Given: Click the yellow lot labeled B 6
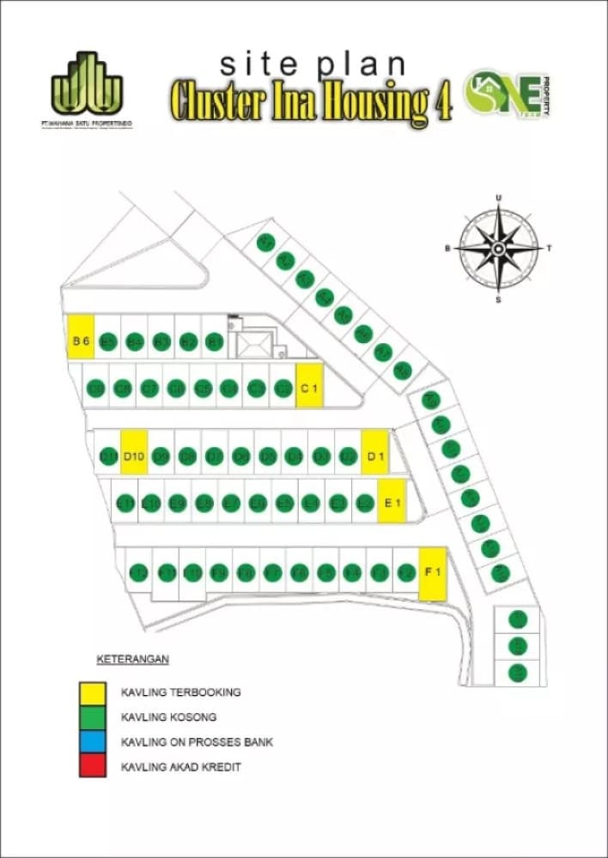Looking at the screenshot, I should [x=81, y=341].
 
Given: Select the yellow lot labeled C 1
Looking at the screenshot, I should [x=308, y=388].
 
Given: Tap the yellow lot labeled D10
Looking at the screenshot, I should [x=133, y=456].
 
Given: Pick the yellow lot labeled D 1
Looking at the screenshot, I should [x=375, y=456].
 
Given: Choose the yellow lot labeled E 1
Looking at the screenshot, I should [x=393, y=503].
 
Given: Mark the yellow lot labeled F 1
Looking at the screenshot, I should [x=433, y=572].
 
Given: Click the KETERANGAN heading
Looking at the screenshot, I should [x=129, y=659].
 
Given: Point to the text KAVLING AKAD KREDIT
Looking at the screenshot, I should [x=181, y=766].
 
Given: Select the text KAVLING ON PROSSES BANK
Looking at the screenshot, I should [x=198, y=741].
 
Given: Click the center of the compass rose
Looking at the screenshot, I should [x=498, y=248].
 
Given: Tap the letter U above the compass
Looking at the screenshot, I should [x=498, y=198].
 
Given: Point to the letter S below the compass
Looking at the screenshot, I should [x=498, y=299].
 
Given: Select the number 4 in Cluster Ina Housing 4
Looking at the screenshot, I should [x=443, y=104].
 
